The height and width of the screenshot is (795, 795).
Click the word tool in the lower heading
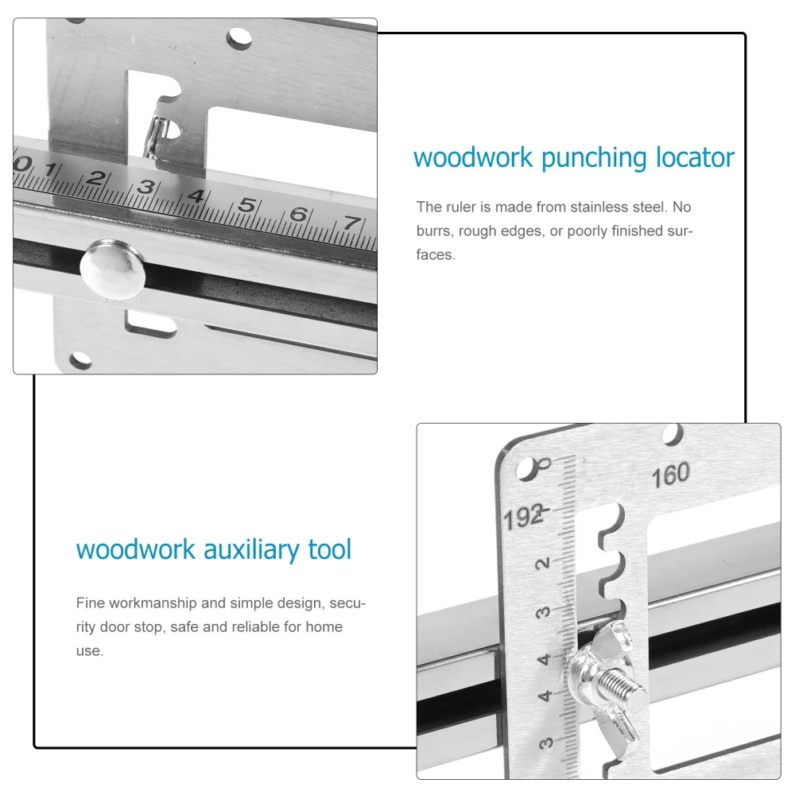coord(329,550)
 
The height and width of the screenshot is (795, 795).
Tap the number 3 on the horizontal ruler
coord(145,188)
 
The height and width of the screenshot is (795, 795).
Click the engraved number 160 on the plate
coord(670,476)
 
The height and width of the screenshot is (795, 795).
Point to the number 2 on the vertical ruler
coord(544,564)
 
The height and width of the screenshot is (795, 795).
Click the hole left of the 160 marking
coord(526,468)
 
